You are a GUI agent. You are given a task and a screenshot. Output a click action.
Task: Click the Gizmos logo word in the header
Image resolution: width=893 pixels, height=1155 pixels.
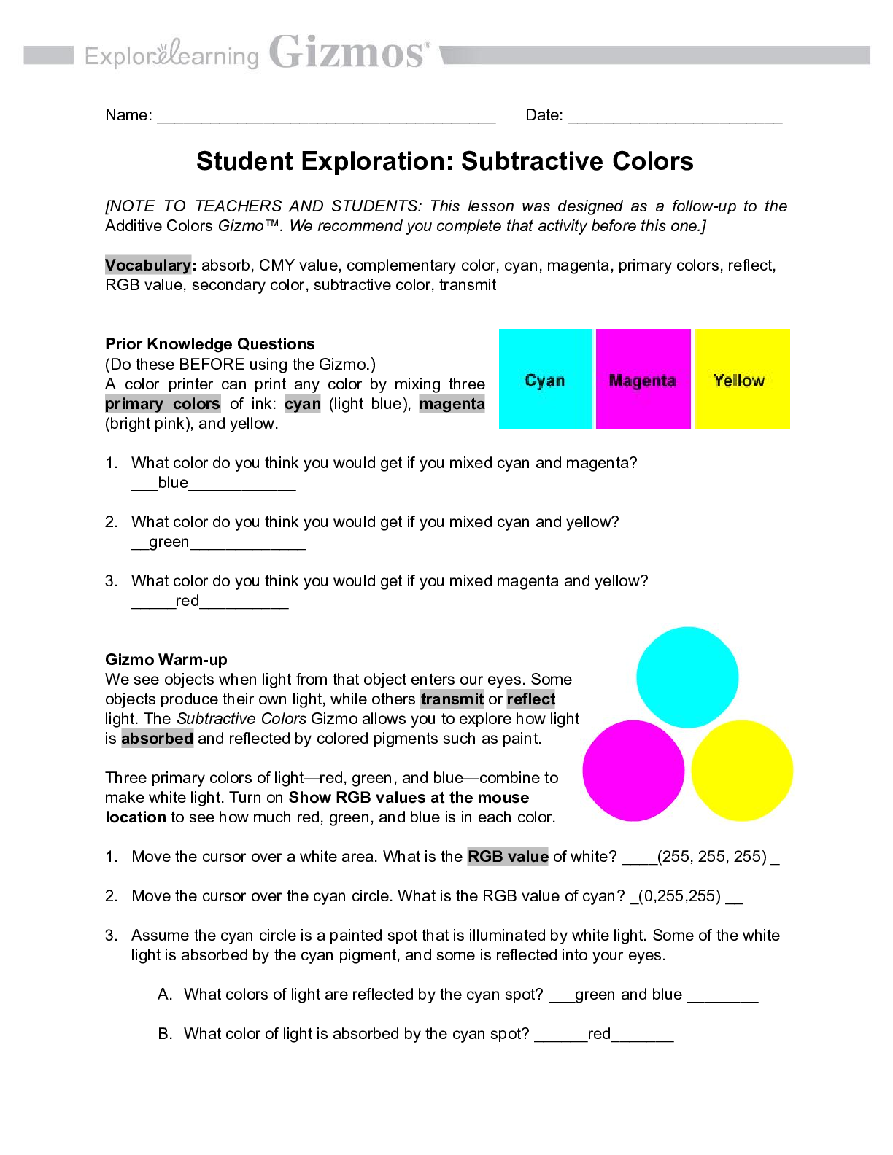[347, 52]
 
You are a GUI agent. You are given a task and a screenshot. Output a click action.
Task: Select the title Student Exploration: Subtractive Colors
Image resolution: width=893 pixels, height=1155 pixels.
[444, 161]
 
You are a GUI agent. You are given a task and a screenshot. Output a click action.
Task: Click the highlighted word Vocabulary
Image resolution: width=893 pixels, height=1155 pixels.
[148, 265]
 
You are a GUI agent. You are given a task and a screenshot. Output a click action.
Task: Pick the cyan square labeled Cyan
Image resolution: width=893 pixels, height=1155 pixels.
[545, 379]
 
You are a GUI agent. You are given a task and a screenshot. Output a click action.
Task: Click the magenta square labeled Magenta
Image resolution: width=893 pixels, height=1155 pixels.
[643, 379]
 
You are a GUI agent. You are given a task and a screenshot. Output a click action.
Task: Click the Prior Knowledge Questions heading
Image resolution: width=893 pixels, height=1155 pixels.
[210, 344]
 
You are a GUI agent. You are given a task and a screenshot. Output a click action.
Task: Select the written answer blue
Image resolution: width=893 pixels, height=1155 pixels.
[173, 483]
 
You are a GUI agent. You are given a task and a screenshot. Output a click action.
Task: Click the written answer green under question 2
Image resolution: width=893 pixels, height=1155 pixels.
[169, 542]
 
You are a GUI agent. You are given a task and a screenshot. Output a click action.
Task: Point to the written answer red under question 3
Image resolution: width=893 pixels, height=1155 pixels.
[187, 601]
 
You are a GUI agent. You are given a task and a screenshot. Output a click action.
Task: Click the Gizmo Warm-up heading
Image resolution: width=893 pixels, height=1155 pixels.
[166, 660]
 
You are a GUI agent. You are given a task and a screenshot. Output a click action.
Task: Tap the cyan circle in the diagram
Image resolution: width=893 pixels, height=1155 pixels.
[687, 677]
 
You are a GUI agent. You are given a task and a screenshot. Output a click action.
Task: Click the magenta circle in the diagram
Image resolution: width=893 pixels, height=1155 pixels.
[633, 771]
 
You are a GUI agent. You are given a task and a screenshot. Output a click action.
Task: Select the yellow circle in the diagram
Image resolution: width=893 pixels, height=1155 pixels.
[742, 771]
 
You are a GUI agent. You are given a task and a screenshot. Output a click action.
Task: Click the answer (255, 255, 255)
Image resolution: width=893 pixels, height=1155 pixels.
[712, 857]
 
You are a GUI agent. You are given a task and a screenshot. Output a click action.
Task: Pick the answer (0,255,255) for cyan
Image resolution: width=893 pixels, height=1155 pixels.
[679, 896]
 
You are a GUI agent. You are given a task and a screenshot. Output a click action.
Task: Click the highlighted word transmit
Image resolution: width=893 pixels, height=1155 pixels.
[452, 699]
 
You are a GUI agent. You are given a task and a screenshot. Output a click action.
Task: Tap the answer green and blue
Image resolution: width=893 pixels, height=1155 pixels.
[628, 995]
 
